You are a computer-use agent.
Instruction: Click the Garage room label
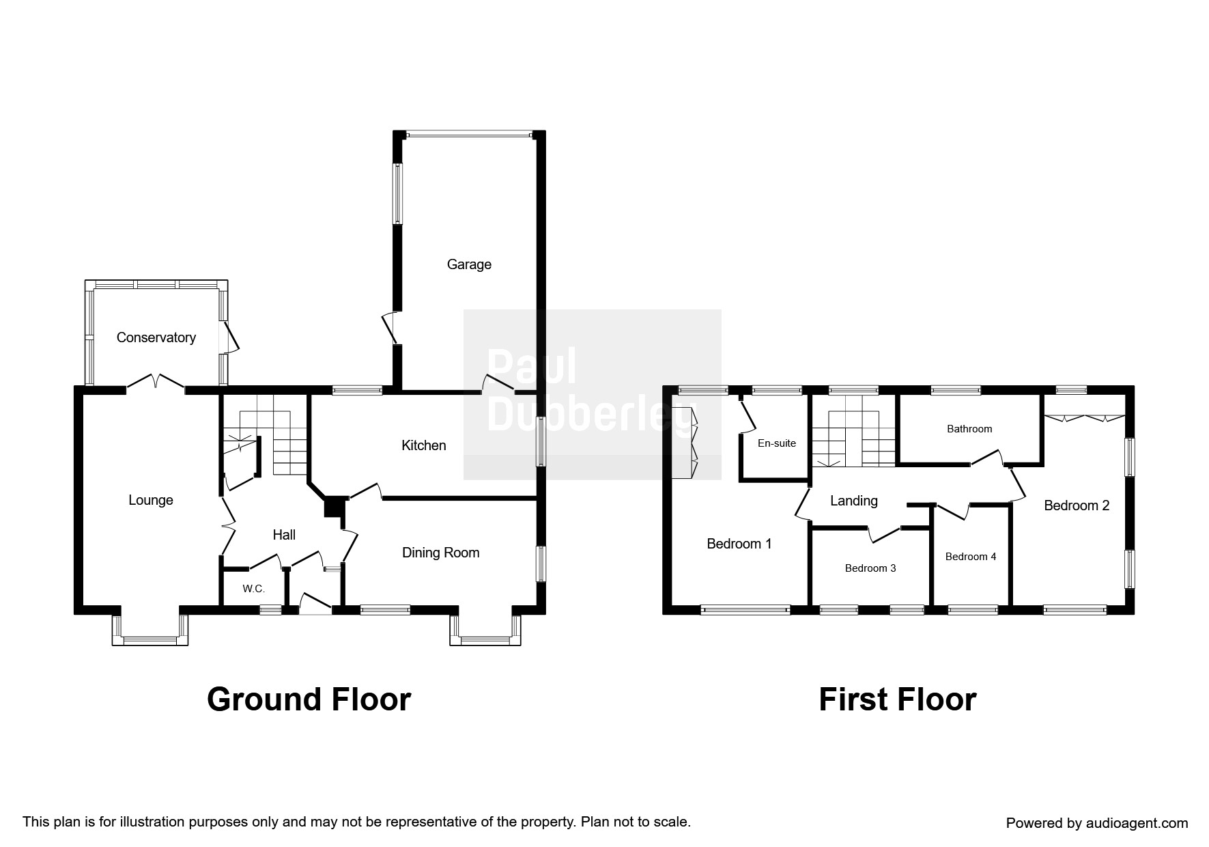point(469,264)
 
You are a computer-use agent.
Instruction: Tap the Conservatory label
point(156,337)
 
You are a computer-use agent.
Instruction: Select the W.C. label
point(253,589)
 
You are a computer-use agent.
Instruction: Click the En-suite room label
point(777,443)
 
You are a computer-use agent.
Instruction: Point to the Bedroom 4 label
point(970,557)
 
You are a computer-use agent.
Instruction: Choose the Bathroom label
point(969,429)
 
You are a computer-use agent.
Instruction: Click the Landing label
point(853,501)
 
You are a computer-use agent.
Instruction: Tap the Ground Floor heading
point(309,700)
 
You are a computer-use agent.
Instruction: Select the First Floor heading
point(897,700)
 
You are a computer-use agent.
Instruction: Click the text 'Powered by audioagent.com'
point(1096,823)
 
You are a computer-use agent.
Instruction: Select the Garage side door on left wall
point(391,328)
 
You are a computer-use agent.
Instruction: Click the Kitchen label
point(423,445)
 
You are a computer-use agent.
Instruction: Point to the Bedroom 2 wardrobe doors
point(1084,417)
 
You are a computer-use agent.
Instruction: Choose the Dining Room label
point(440,553)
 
